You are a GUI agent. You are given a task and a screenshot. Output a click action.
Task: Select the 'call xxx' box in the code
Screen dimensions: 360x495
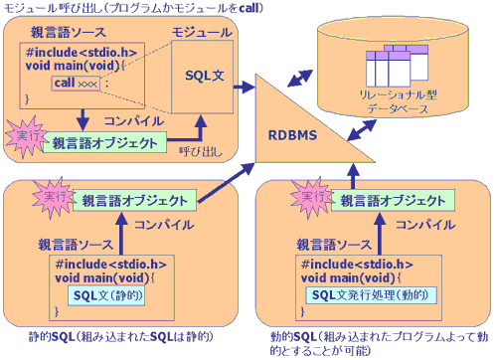pyautogui.click(x=77, y=82)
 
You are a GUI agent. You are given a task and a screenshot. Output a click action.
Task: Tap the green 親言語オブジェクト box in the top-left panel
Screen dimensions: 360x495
pyautogui.click(x=104, y=141)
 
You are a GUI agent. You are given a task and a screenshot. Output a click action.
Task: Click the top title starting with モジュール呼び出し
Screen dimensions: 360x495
pyautogui.click(x=124, y=8)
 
